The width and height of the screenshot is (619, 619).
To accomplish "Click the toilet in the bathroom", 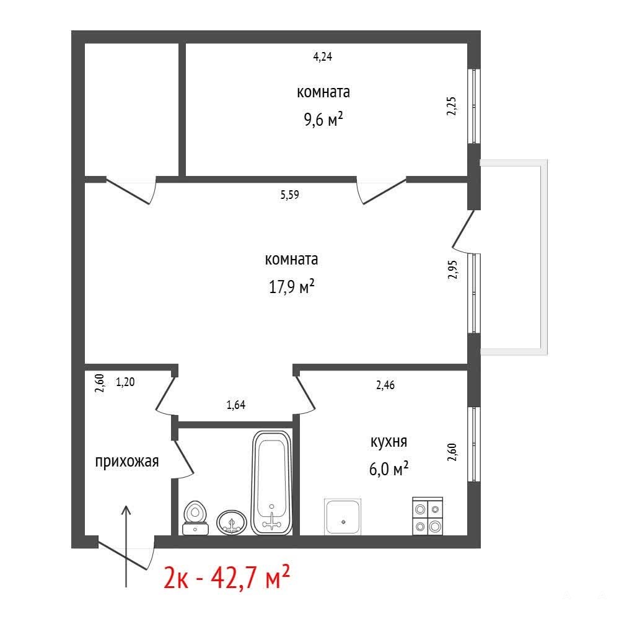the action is (x=195, y=517).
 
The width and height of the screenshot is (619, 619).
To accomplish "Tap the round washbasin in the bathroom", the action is (x=232, y=523).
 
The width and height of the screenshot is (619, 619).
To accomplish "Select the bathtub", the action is (x=271, y=483).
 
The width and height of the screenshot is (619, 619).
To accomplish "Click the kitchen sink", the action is (x=343, y=517).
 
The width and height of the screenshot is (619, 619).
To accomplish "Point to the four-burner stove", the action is (x=428, y=516).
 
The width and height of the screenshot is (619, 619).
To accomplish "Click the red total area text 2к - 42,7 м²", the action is (x=227, y=577).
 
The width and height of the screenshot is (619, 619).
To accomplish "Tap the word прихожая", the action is (x=127, y=462).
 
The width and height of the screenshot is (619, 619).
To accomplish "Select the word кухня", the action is (x=389, y=442).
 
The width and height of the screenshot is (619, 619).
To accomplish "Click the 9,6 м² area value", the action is (x=323, y=119).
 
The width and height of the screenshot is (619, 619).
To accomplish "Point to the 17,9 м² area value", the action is (x=291, y=286).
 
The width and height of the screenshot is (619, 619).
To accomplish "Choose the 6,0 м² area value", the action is (x=389, y=469).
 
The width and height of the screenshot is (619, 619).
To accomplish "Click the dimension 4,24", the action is (x=323, y=57).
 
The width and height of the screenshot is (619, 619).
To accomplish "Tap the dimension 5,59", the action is (x=290, y=195).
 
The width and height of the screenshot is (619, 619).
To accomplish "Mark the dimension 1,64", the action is (x=235, y=405).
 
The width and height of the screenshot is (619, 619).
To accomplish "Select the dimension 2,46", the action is (x=385, y=385).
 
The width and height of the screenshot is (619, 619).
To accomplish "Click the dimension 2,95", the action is (x=452, y=270).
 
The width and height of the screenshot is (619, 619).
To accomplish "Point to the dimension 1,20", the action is (x=125, y=382).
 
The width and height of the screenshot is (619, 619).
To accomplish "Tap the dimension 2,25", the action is (x=452, y=106).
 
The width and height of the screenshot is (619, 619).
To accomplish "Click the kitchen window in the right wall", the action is (x=474, y=444).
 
